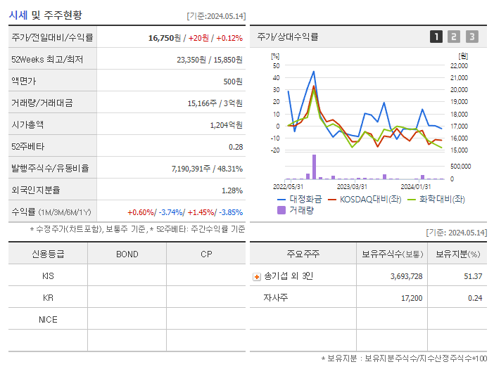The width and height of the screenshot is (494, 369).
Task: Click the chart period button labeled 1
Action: [436, 37]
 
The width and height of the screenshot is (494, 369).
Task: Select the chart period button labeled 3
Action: [471, 37]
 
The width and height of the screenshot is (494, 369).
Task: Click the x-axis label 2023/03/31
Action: [352, 186]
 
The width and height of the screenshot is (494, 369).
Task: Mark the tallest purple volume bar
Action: [314, 167]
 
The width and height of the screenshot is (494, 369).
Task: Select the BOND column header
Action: [127, 254]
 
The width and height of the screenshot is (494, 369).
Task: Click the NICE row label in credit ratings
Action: [48, 320]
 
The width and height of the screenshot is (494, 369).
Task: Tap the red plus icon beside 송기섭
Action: [256, 277]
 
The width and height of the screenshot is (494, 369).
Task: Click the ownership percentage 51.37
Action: [473, 276]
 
